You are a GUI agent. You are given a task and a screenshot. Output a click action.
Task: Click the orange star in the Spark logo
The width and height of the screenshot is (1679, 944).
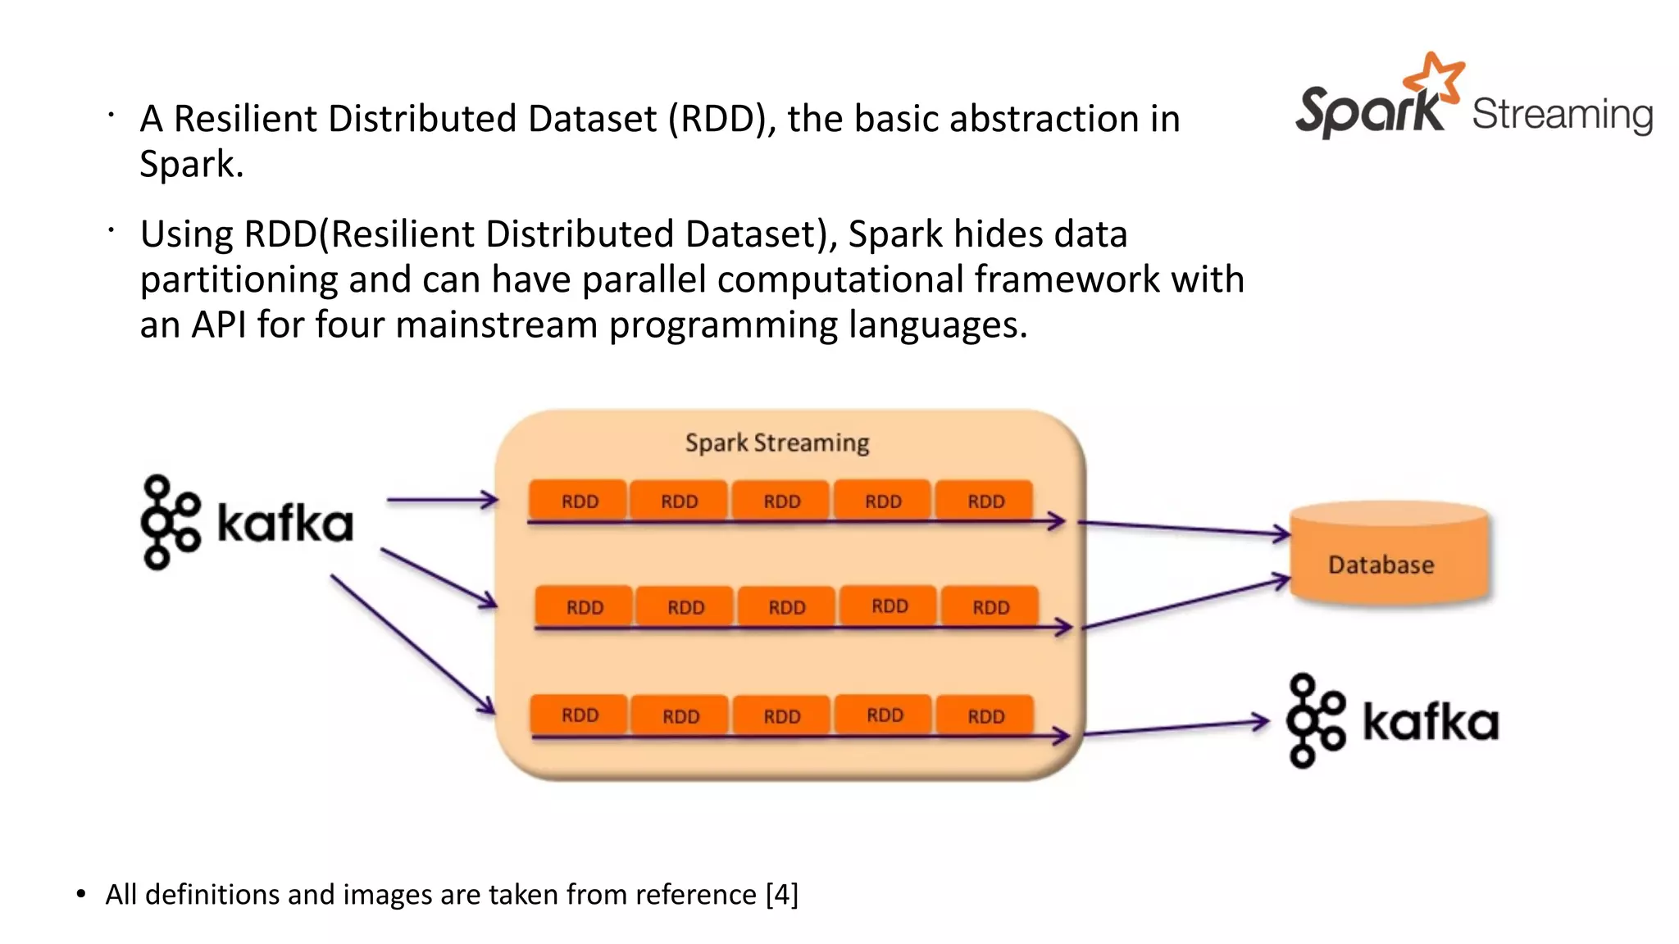[1434, 75]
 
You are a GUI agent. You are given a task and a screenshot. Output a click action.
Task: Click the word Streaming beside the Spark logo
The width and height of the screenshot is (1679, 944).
[1562, 115]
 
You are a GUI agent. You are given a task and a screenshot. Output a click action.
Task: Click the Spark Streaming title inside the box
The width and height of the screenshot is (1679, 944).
[776, 442]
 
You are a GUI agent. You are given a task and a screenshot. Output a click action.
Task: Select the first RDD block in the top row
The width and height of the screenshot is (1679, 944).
[579, 501]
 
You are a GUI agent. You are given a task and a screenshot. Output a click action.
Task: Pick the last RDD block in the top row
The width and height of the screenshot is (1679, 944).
[985, 501]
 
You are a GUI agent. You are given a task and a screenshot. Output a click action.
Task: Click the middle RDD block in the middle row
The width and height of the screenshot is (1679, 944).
[786, 607]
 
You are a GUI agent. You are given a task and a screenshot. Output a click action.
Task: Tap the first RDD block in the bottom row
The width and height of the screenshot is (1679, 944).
[579, 715]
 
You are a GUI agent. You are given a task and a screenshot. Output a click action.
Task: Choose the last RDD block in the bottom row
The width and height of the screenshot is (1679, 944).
[985, 716]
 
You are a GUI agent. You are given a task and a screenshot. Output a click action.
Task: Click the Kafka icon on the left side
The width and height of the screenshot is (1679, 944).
[170, 523]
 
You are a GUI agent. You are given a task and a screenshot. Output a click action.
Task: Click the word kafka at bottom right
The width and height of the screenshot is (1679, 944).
[1430, 722]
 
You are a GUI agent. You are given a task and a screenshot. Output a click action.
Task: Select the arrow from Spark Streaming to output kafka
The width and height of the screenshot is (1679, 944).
[1176, 727]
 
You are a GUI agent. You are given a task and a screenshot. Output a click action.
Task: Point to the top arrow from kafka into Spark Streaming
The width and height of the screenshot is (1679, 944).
[441, 499]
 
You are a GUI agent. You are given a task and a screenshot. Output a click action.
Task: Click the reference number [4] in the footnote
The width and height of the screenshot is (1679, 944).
[781, 894]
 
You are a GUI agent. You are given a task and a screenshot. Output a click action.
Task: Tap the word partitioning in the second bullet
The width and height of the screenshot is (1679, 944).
[239, 280]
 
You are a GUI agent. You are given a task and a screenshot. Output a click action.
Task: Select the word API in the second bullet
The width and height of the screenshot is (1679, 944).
[218, 324]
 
